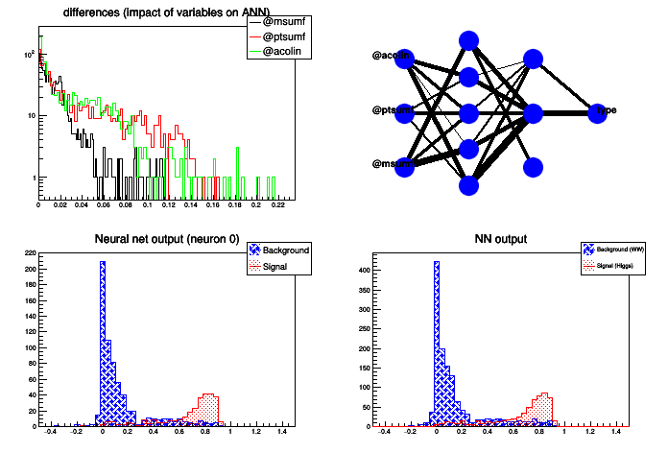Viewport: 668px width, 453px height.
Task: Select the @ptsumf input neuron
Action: coord(404,112)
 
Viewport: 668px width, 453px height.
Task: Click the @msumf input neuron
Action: coord(404,165)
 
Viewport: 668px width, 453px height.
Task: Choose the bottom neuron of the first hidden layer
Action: coord(468,184)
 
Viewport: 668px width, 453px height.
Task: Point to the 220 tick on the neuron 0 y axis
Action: coord(30,253)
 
